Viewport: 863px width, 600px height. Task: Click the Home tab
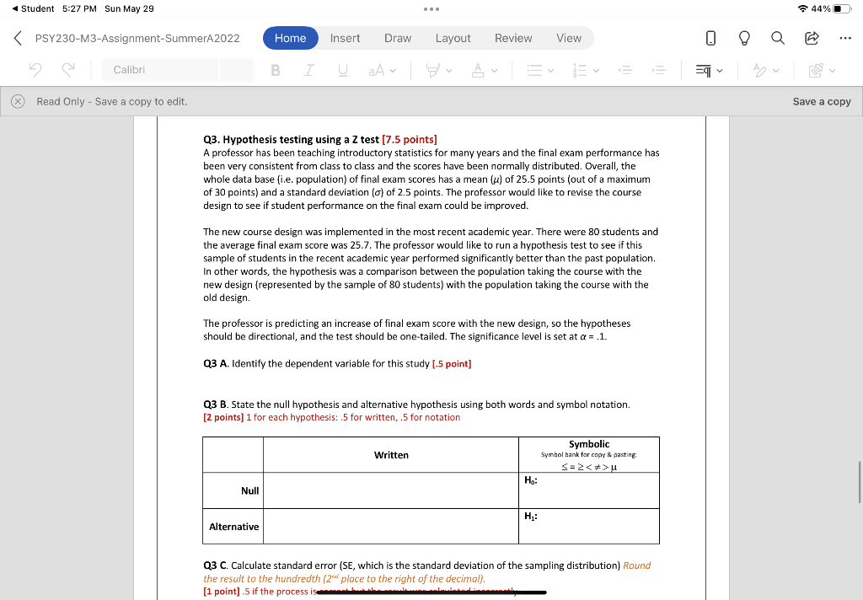(x=290, y=38)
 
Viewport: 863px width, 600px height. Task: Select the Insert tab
(x=345, y=38)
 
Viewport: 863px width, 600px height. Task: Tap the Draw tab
(x=398, y=38)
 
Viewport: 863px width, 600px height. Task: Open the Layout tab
(x=453, y=38)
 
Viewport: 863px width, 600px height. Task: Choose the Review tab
(x=512, y=38)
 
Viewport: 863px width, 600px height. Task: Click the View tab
(x=569, y=38)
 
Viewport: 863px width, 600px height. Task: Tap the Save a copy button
(x=821, y=101)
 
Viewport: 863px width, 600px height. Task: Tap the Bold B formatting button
(x=276, y=70)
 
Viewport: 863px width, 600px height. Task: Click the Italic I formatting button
(x=308, y=70)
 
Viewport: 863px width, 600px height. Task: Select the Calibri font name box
(x=177, y=70)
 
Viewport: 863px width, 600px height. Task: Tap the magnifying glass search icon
(x=777, y=38)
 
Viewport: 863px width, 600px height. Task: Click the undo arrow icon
(x=35, y=70)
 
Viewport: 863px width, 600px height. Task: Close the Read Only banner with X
(x=18, y=101)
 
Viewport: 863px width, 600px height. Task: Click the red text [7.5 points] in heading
(x=410, y=139)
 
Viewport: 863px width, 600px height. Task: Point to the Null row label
(x=250, y=490)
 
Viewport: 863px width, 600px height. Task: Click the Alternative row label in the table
(x=233, y=527)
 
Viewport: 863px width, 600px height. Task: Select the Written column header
(x=391, y=455)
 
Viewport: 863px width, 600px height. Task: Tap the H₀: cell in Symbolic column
(x=588, y=490)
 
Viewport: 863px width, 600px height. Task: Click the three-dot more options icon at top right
(x=845, y=38)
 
